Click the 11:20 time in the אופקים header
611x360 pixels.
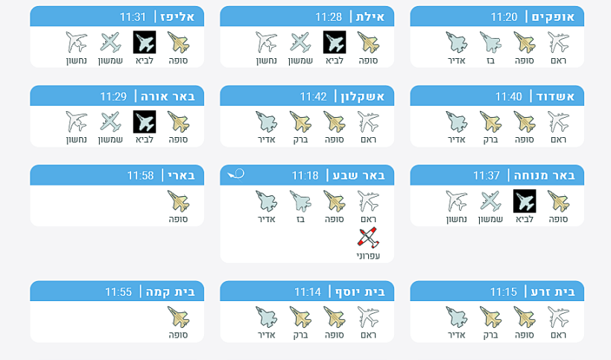pyautogui.click(x=504, y=16)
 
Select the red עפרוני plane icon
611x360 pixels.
pyautogui.click(x=368, y=237)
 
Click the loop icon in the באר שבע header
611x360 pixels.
pyautogui.click(x=235, y=174)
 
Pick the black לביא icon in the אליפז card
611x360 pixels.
pyautogui.click(x=145, y=42)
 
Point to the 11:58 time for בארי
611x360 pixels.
pyautogui.click(x=140, y=175)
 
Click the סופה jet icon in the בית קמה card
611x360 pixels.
pyautogui.click(x=179, y=317)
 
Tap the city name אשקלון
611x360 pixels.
pyautogui.click(x=362, y=96)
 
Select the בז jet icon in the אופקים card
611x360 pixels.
pyautogui.click(x=490, y=42)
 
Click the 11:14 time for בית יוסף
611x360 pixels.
pyautogui.click(x=308, y=291)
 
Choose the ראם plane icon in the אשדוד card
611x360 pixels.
pyautogui.click(x=558, y=121)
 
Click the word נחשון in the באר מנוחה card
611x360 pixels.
pyautogui.click(x=456, y=219)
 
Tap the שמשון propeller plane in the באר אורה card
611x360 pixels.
pyautogui.click(x=111, y=121)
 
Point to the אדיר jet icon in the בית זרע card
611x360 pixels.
pyautogui.click(x=456, y=317)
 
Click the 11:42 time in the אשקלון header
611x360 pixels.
pyautogui.click(x=313, y=96)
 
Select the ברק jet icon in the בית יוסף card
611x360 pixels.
pyautogui.click(x=300, y=317)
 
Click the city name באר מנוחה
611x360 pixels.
pyautogui.click(x=545, y=175)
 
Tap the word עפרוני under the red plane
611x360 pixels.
pyautogui.click(x=368, y=256)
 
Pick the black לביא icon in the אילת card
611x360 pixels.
pyautogui.click(x=335, y=42)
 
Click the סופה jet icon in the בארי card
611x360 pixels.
pyautogui.click(x=179, y=201)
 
